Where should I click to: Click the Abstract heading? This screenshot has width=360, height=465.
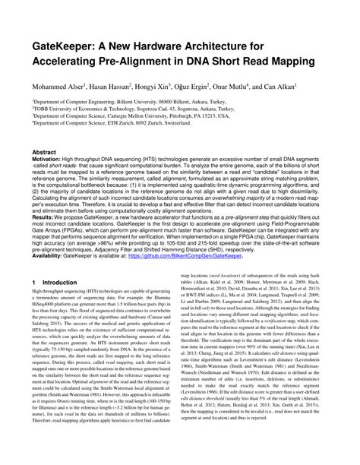click(x=44, y=151)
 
